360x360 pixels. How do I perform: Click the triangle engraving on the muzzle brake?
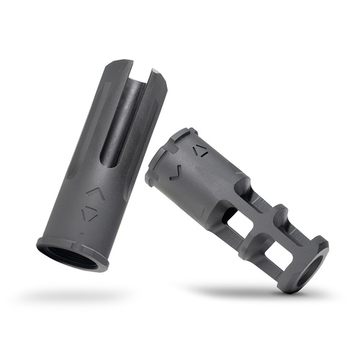click(202, 151)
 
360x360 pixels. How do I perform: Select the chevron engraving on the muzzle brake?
click(175, 173)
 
